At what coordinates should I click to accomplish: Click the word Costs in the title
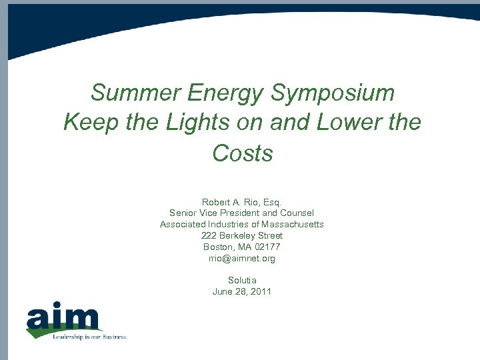[x=243, y=153]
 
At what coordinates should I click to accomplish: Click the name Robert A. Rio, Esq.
[x=242, y=201]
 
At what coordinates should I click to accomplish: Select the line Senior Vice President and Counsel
[x=242, y=213]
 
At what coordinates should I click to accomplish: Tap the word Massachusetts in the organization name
[x=293, y=224]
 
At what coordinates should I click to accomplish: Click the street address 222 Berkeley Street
[x=242, y=235]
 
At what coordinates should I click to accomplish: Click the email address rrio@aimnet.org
[x=242, y=258]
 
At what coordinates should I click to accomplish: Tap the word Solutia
[x=242, y=280]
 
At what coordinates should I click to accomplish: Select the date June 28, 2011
[x=242, y=291]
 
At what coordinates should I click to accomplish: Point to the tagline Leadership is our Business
[x=89, y=337]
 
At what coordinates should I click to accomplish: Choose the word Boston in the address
[x=218, y=247]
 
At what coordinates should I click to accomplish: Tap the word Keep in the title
[x=87, y=123]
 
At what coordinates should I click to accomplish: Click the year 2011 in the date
[x=261, y=291]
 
